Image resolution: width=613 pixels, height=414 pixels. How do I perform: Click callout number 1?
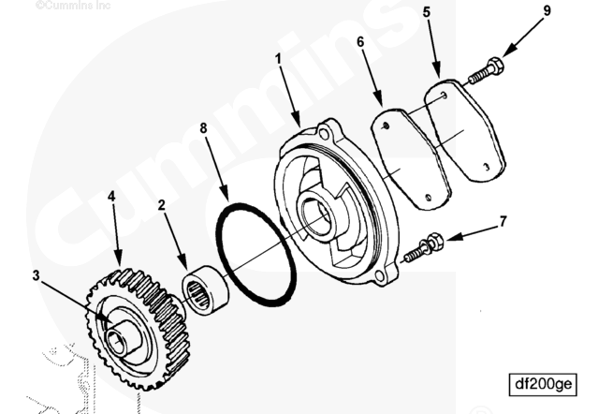point(277,58)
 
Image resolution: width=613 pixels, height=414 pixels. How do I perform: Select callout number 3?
point(37,275)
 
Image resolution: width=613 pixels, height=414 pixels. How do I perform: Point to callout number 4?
point(111,198)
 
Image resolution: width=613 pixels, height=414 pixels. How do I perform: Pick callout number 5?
point(426,14)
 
